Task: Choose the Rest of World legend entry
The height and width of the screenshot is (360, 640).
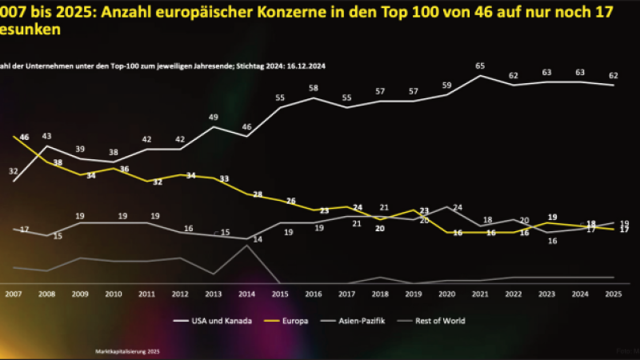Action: click(442, 321)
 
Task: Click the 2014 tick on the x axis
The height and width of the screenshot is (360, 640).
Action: click(248, 294)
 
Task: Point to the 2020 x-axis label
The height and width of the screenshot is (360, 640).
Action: click(446, 294)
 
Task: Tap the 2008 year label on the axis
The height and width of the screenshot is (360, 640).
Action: click(47, 294)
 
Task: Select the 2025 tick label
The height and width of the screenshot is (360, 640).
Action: click(613, 294)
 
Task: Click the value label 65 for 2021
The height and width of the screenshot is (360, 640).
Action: click(480, 66)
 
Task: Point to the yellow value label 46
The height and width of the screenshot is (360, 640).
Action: click(24, 138)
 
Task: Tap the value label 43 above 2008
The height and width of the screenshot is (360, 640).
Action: click(47, 136)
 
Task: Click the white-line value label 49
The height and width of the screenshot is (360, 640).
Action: click(214, 118)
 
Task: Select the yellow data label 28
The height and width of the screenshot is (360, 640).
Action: click(258, 194)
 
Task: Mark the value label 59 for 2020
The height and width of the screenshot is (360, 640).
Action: click(447, 85)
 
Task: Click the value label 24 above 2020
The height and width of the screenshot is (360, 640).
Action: click(458, 207)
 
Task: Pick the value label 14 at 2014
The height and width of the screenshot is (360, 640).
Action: click(258, 239)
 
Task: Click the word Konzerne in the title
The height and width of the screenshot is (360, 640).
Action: click(235, 12)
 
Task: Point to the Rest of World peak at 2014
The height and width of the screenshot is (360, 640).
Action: click(248, 246)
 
